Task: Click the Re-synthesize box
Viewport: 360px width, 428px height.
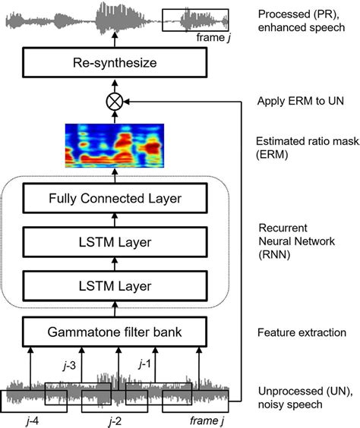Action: [x=116, y=62]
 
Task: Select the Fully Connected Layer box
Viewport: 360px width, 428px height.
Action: [x=116, y=200]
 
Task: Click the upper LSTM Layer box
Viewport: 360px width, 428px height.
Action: [x=116, y=243]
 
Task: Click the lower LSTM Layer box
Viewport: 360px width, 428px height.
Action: [x=116, y=286]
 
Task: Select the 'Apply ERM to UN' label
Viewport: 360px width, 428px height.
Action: [x=301, y=99]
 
